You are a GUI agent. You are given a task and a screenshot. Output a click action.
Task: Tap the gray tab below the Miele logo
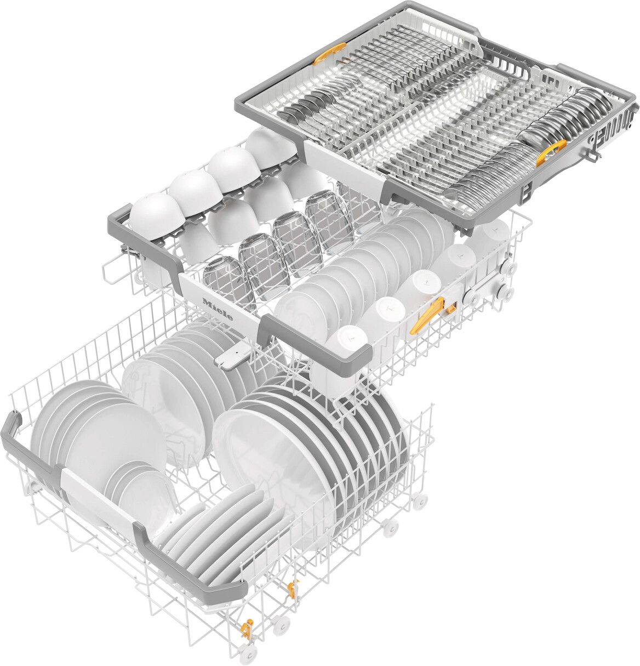(230, 359)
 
